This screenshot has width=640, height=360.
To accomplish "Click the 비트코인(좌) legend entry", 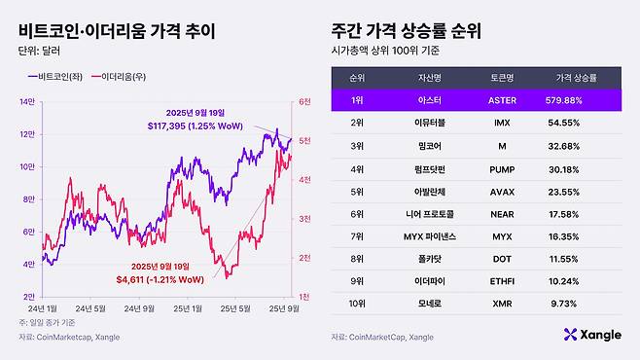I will [x=59, y=75].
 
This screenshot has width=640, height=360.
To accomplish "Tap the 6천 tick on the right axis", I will [x=303, y=102].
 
